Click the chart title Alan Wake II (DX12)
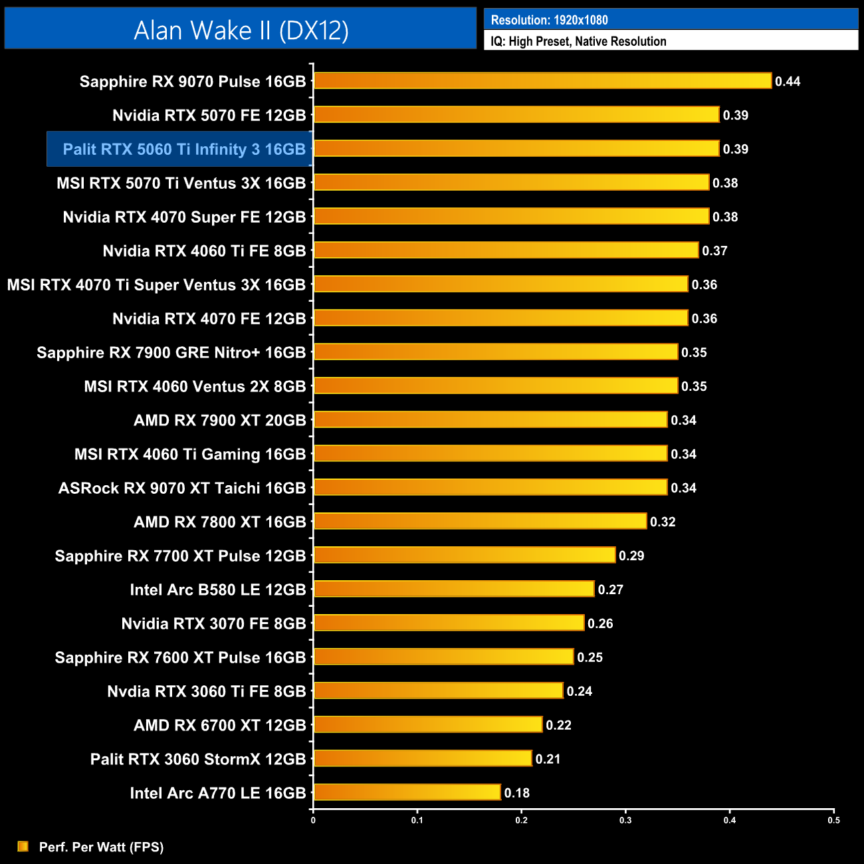click(x=241, y=31)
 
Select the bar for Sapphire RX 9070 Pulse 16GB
click(x=542, y=81)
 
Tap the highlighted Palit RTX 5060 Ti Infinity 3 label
click(x=183, y=149)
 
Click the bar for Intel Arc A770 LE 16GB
click(x=407, y=792)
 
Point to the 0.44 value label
click(x=788, y=82)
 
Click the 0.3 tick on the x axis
click(x=625, y=820)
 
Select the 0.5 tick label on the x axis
click(x=833, y=820)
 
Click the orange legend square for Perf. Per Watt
click(x=23, y=846)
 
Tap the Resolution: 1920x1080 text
click(x=549, y=20)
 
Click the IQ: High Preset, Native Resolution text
click(x=578, y=41)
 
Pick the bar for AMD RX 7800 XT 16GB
click(x=480, y=521)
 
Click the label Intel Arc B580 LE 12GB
click(x=218, y=590)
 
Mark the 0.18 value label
click(x=516, y=793)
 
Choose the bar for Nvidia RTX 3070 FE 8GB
click(x=449, y=623)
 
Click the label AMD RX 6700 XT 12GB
click(x=220, y=725)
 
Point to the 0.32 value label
click(x=663, y=522)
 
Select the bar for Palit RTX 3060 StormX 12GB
click(x=423, y=758)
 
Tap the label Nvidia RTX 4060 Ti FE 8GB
click(x=204, y=251)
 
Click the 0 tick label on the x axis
click(x=313, y=820)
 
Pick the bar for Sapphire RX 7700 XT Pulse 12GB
click(x=465, y=555)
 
